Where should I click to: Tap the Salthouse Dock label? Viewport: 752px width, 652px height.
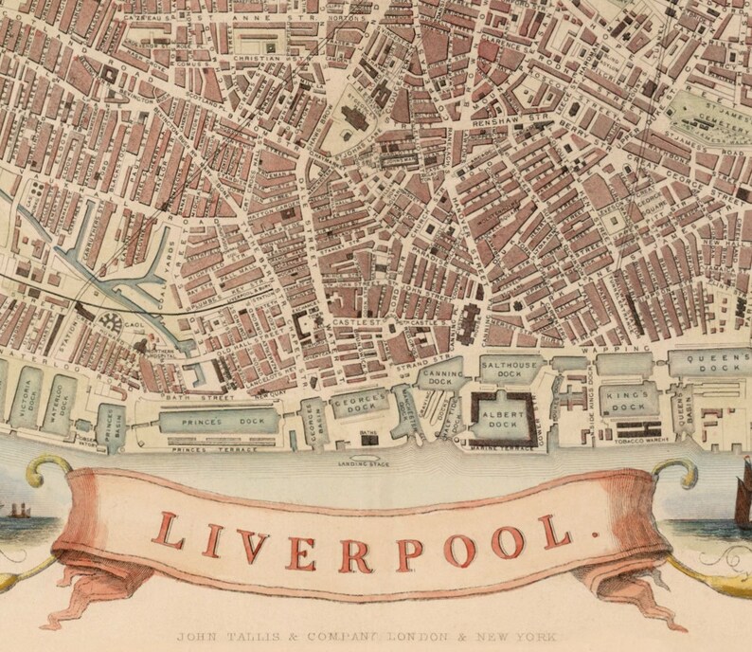[x=510, y=367]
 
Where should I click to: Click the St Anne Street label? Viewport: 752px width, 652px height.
[x=226, y=14]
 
